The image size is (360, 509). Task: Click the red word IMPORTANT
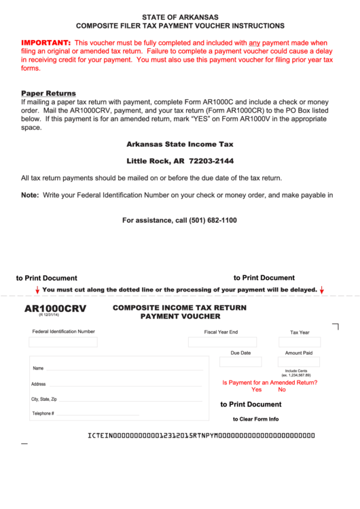tap(46, 42)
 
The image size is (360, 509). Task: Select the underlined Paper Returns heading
tap(48, 93)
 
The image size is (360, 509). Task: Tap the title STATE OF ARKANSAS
tap(180, 16)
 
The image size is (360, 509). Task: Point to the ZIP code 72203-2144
tap(211, 161)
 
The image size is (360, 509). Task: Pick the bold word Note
tap(29, 195)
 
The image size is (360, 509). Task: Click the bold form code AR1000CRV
tap(55, 309)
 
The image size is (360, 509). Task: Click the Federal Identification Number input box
tap(63, 342)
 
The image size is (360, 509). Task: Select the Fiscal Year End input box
tap(221, 343)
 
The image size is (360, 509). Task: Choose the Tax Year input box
tap(299, 343)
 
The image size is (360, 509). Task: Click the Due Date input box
tap(240, 362)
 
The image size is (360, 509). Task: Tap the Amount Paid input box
tap(298, 362)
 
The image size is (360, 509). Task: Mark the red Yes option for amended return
tap(256, 389)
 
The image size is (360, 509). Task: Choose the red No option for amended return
tap(282, 389)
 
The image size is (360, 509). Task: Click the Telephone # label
tap(42, 413)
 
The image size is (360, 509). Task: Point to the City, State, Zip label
tap(43, 400)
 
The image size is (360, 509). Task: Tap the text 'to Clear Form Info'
tap(255, 419)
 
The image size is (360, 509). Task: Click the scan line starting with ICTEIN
tap(202, 435)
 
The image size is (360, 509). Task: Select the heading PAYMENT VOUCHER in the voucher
tap(180, 317)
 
